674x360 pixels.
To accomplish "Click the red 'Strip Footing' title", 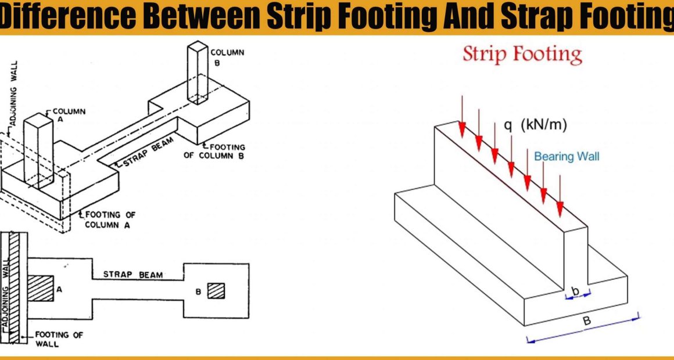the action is (522, 55).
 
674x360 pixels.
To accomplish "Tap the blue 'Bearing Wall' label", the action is (567, 156).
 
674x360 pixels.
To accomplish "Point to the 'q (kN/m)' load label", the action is (536, 125).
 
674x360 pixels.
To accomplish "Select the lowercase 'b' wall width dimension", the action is (576, 291).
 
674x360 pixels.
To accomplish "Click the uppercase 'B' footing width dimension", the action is (586, 321).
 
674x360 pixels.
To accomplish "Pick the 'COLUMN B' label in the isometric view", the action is (227, 57).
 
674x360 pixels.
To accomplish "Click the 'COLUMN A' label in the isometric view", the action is (69, 115).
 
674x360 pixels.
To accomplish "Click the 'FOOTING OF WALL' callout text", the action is (59, 339).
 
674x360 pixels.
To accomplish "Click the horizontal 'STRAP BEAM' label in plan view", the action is (133, 275).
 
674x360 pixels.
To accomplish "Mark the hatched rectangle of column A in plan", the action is (41, 288).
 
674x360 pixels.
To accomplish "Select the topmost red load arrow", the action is (462, 117).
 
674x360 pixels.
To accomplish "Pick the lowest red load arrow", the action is (560, 196).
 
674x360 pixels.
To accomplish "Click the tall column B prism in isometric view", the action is (198, 73).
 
